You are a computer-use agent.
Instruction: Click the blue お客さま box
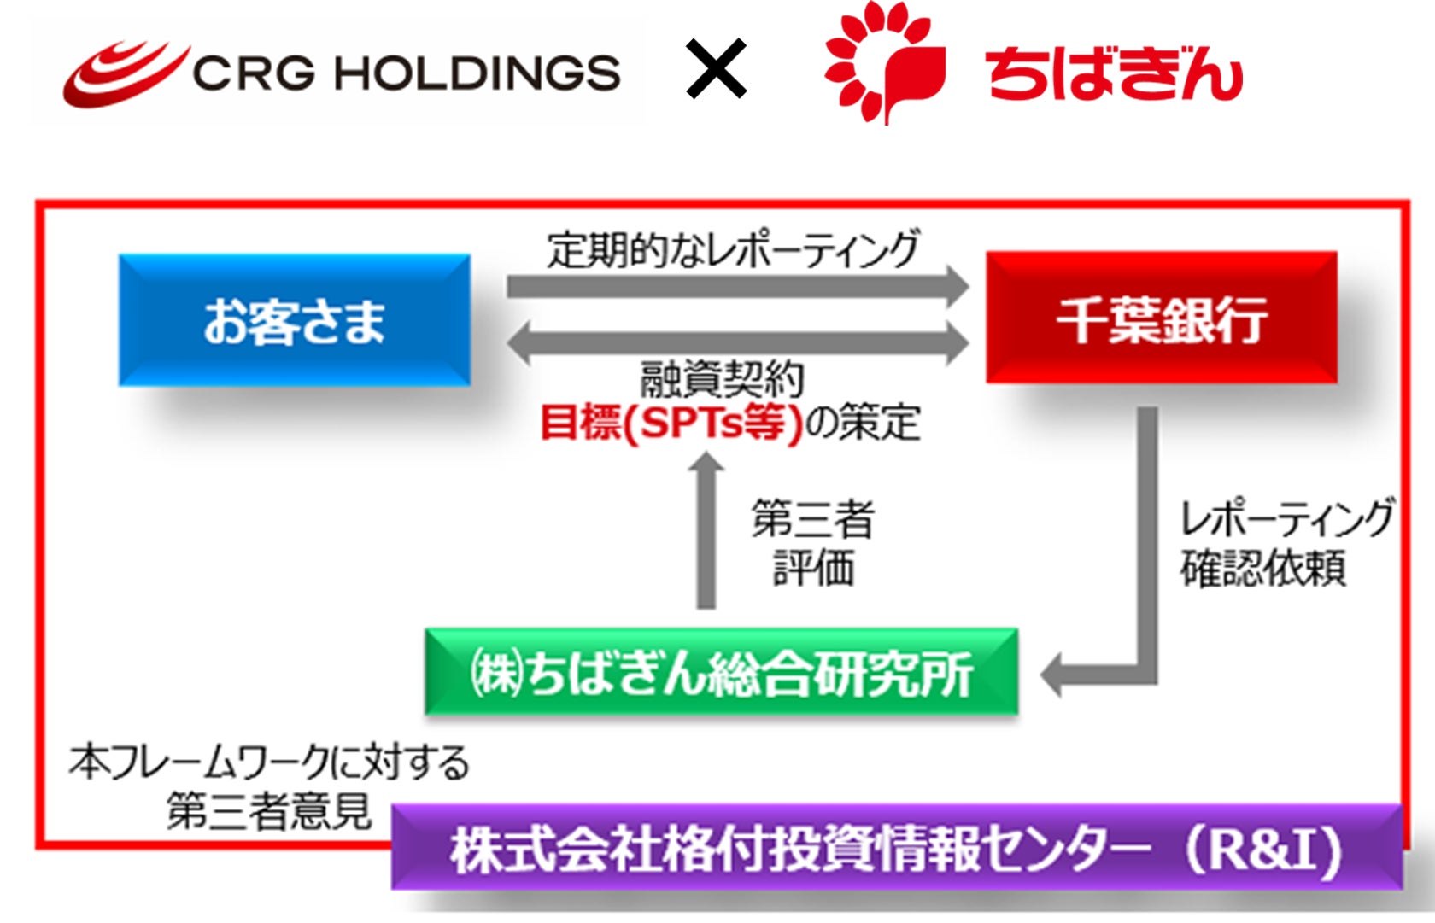(x=294, y=320)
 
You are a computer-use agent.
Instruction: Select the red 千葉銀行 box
(x=1161, y=318)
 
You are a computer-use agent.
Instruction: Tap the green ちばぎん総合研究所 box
(x=722, y=672)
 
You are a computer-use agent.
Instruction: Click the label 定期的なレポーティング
(x=733, y=249)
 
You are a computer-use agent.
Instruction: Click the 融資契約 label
(x=722, y=379)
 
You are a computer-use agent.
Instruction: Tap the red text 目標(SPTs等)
(x=671, y=422)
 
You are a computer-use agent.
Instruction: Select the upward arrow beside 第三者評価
(x=706, y=529)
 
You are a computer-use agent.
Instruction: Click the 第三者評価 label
(x=812, y=543)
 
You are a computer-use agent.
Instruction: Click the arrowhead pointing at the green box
(x=1054, y=675)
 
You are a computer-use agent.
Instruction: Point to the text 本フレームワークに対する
(x=269, y=762)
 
